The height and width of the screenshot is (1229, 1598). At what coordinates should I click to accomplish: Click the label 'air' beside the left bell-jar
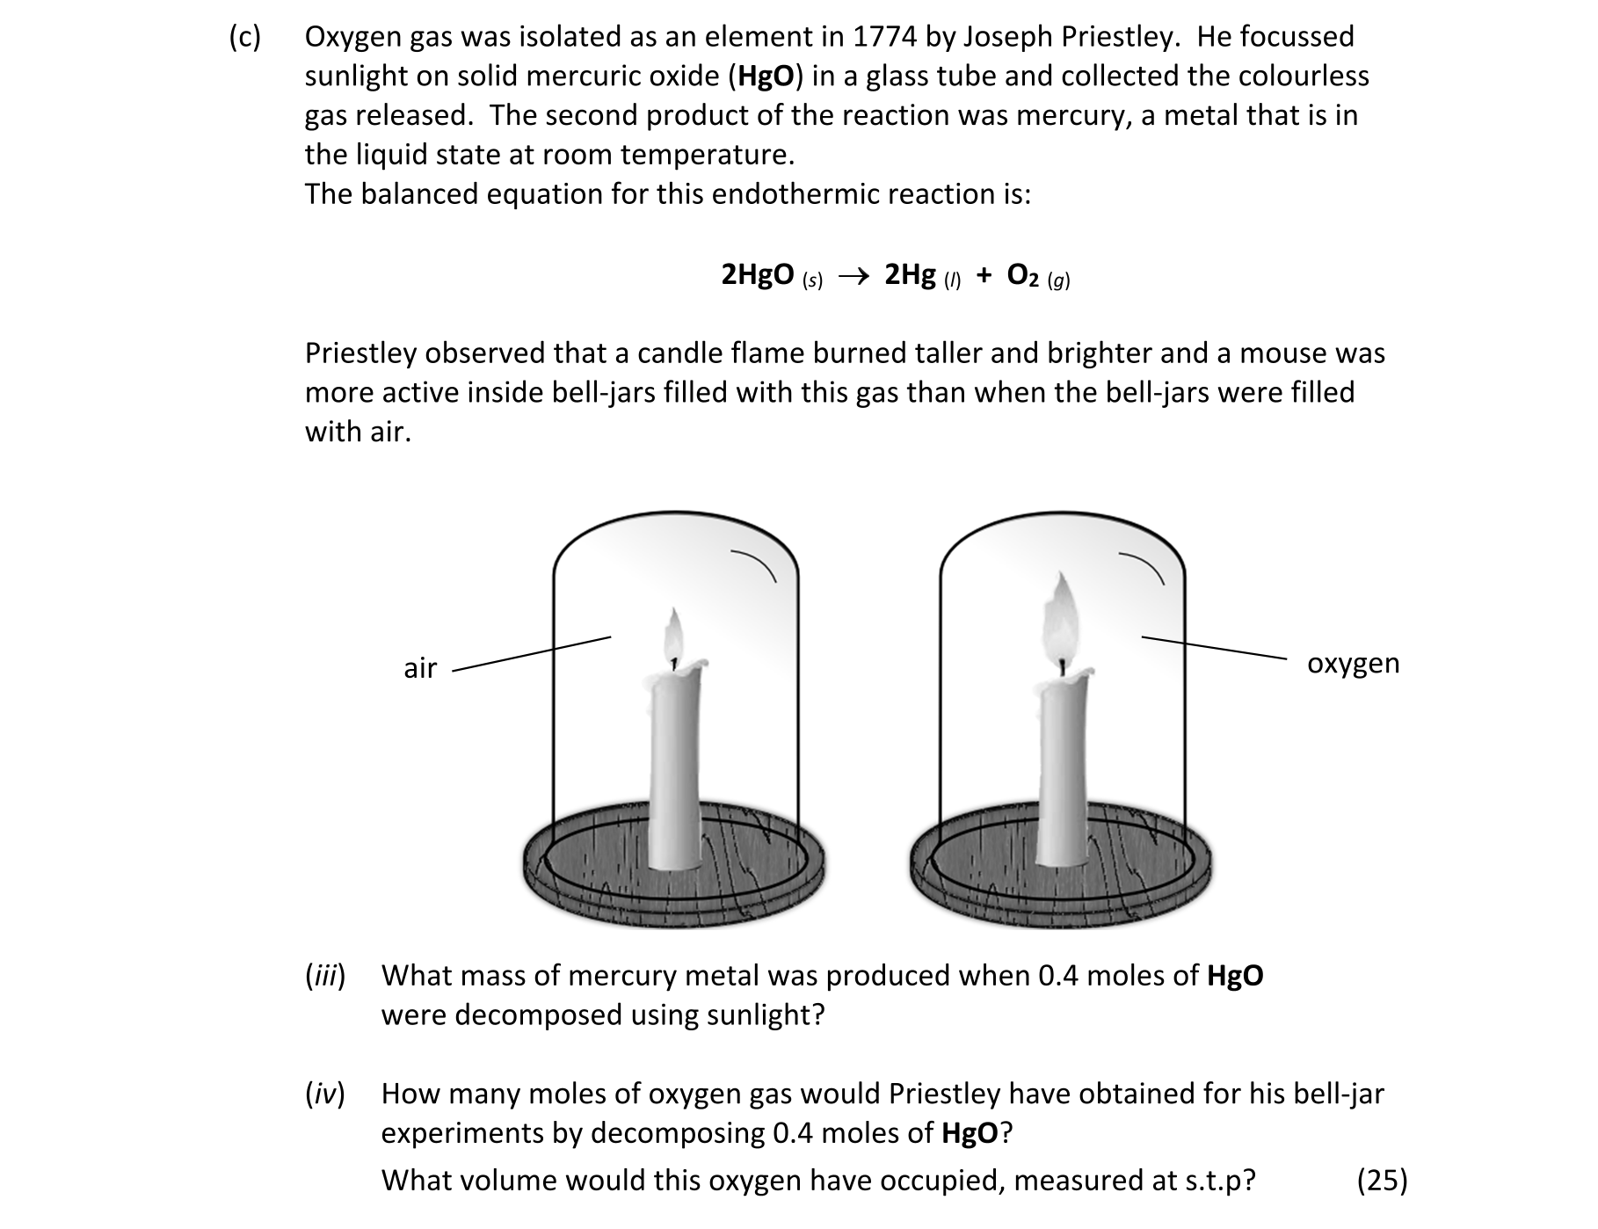(x=420, y=669)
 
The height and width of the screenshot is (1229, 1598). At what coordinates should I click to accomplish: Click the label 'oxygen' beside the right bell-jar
(x=1353, y=663)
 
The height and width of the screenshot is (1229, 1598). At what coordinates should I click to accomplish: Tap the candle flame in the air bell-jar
(x=674, y=632)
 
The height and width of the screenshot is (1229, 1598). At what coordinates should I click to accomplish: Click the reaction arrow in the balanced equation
(x=853, y=277)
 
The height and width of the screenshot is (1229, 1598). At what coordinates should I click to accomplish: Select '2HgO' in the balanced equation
(x=758, y=275)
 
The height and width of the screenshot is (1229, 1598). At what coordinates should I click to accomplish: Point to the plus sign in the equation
(x=984, y=276)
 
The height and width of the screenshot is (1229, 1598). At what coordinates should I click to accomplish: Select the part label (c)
(x=245, y=37)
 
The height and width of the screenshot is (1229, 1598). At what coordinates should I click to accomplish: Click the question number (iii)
(x=325, y=976)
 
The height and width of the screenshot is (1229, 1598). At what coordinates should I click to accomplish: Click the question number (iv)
(x=325, y=1094)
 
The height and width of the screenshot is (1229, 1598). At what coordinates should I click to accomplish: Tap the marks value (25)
(x=1382, y=1180)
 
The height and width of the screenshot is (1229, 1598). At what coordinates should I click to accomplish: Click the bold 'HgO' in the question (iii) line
(x=1235, y=976)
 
